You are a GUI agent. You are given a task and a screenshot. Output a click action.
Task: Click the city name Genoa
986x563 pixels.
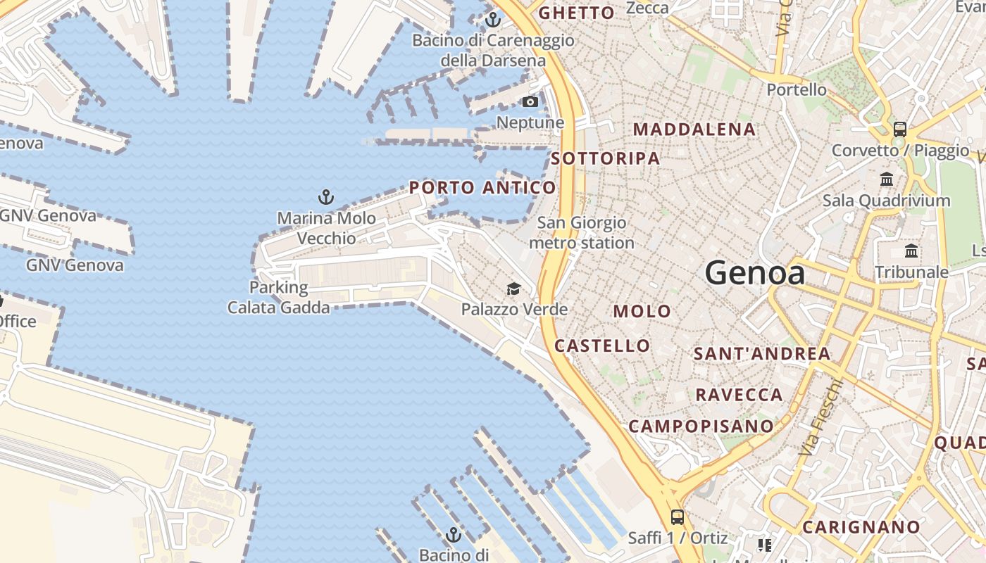tap(754, 272)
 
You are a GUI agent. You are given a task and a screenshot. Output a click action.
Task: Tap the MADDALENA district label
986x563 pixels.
tap(694, 129)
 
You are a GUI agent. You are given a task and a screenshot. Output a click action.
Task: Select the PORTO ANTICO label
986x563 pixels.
tap(482, 188)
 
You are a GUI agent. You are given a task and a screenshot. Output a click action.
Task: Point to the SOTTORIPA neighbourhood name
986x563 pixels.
tap(606, 158)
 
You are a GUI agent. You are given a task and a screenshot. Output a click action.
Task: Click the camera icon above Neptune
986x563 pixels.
tap(530, 102)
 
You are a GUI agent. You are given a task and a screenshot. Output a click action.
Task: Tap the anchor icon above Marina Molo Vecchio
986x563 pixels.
tap(325, 196)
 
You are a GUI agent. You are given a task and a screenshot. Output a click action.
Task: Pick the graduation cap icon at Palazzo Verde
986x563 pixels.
tap(513, 289)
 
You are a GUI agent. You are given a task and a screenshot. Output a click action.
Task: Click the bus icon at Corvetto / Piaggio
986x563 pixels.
tap(899, 129)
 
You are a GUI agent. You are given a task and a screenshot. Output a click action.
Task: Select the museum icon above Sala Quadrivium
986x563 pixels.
tap(887, 179)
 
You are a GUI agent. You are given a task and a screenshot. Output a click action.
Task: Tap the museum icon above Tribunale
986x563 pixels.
tap(911, 251)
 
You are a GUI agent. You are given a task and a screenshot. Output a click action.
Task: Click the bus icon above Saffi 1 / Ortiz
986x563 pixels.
tap(677, 517)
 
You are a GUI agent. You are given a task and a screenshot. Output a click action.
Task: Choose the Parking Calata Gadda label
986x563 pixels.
tap(278, 298)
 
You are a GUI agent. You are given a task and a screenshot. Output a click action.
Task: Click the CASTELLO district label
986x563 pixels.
tap(602, 346)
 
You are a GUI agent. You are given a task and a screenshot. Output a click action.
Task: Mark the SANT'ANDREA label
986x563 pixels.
tap(762, 353)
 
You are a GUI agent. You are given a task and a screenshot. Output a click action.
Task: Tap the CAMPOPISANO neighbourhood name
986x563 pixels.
tap(701, 426)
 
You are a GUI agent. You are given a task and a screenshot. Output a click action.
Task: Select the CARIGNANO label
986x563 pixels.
tap(861, 527)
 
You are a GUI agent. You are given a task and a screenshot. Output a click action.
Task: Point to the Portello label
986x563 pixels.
tap(797, 89)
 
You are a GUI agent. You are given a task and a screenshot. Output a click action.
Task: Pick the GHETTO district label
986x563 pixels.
tap(576, 13)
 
